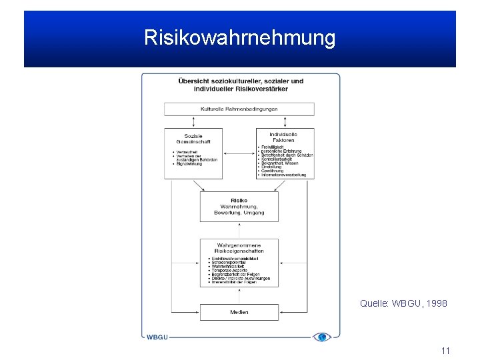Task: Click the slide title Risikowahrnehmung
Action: coord(239,38)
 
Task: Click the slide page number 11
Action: coord(445,351)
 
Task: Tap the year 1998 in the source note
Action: coord(435,303)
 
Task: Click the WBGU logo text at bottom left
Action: coord(157,337)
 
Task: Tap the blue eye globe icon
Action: coord(322,337)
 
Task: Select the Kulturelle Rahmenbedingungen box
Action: coord(239,109)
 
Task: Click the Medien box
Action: coord(239,312)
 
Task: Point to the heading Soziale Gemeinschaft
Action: coord(193,140)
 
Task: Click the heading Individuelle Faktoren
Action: coord(284,137)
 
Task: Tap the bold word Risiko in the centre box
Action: coord(239,201)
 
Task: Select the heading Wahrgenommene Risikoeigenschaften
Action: coord(239,248)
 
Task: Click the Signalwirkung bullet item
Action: coord(189,163)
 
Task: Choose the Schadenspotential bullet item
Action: coord(231,262)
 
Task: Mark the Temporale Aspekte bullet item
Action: coord(230,270)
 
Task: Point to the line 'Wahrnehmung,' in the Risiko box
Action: coord(239,207)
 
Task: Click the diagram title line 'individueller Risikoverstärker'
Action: coord(239,89)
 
